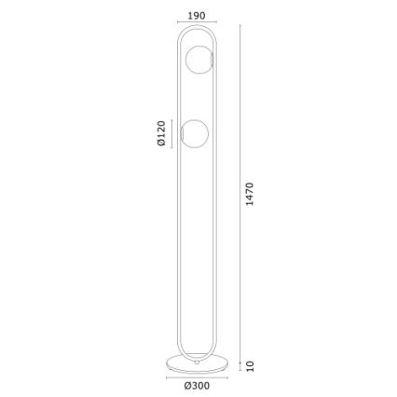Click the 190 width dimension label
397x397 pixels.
(197, 16)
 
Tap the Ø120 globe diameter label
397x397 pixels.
(161, 133)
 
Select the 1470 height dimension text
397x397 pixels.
(250, 194)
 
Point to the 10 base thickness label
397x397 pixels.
(250, 366)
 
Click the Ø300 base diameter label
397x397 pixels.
(197, 386)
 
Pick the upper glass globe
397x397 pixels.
(198, 60)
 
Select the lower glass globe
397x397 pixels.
(195, 133)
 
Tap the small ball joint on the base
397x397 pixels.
(197, 363)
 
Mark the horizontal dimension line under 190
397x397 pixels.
(197, 22)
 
